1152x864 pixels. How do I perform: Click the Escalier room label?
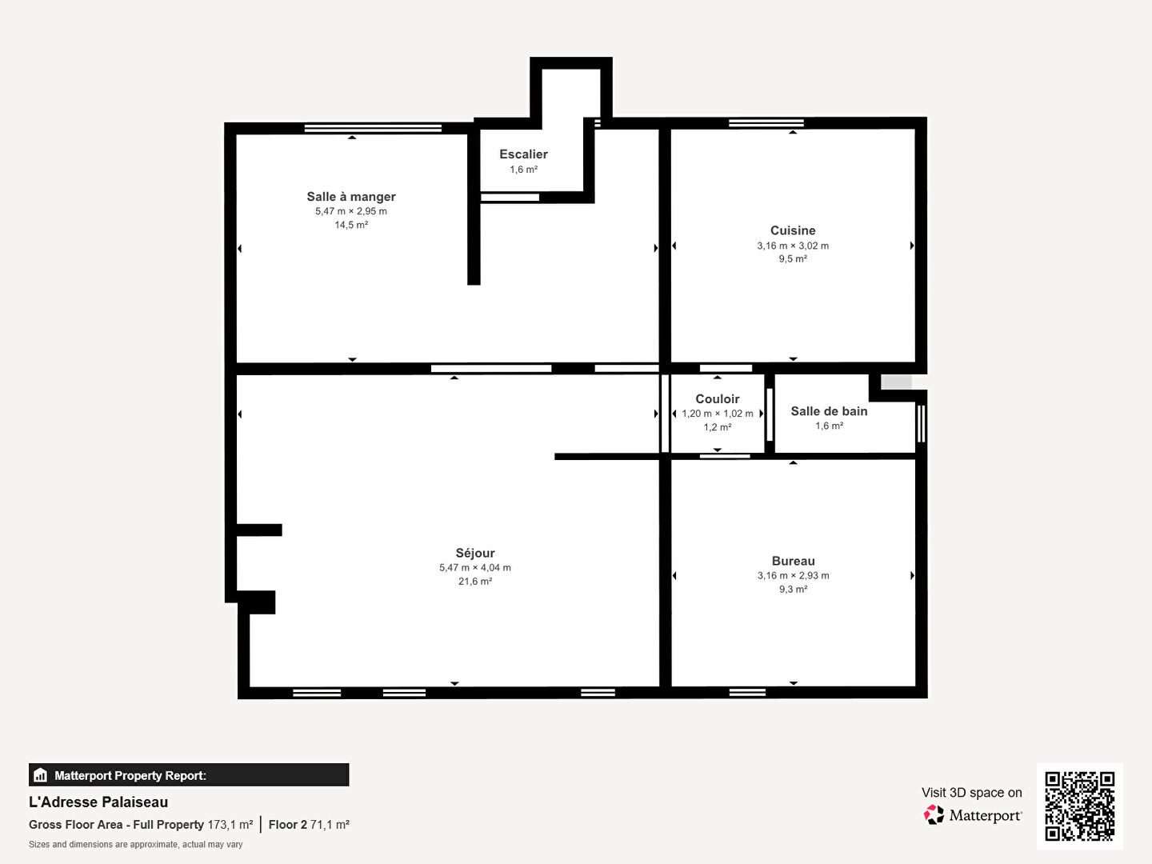(523, 154)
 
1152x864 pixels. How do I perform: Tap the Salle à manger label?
(351, 197)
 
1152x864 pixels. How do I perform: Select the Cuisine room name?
(793, 230)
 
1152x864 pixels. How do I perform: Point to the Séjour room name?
(475, 553)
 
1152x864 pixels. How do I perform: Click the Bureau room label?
(793, 561)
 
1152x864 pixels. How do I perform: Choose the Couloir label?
(717, 398)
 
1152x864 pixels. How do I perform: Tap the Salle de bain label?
(829, 411)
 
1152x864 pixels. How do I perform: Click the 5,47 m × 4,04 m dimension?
(475, 568)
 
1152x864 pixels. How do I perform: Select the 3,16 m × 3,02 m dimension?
(793, 246)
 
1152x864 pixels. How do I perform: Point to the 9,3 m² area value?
(793, 589)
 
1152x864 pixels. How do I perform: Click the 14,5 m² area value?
(351, 225)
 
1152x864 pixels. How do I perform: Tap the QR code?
(1079, 806)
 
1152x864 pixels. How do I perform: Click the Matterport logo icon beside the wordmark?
(934, 814)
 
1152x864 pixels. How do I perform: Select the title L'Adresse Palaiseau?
(98, 802)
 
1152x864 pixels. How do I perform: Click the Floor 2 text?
(288, 825)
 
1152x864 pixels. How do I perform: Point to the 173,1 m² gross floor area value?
(230, 825)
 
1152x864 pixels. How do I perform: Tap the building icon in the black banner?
(40, 775)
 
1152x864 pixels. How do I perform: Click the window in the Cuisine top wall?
(766, 123)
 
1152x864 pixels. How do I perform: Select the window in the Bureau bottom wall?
(747, 693)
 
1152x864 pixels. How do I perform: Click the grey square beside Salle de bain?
(896, 382)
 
